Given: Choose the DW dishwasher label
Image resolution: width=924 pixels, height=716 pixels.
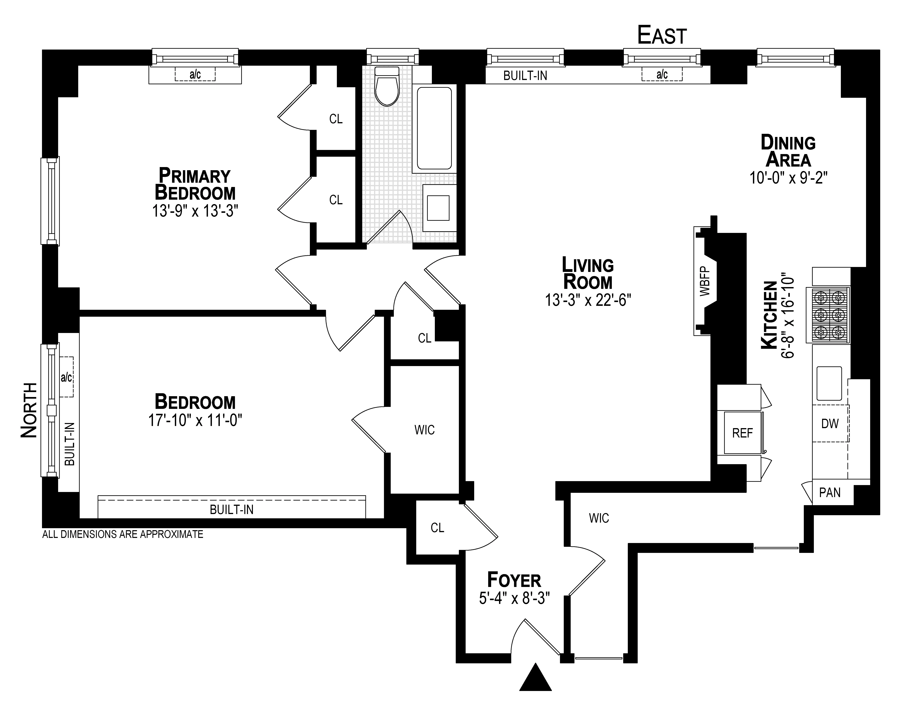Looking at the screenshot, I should tap(830, 423).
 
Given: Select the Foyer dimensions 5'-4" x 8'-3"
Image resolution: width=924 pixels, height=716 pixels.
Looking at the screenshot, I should tap(514, 598).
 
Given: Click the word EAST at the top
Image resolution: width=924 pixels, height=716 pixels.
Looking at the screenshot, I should tap(662, 36).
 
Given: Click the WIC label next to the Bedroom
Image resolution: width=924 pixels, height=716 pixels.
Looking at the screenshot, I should tap(424, 430).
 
